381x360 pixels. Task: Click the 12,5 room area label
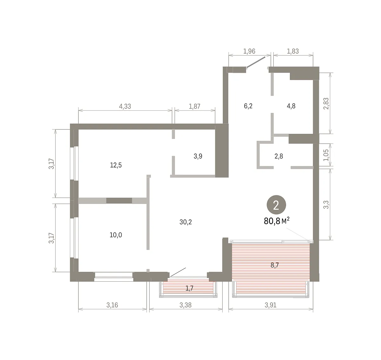pos(116,165)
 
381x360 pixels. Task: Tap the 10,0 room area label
pos(116,235)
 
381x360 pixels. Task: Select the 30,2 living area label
pos(185,222)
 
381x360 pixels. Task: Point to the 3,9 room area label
pos(198,156)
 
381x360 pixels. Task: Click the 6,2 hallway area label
pos(248,106)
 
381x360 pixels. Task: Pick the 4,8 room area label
pos(291,106)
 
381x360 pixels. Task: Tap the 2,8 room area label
pos(279,156)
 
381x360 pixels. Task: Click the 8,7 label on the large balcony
pos(275,265)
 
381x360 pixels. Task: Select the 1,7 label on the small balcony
pos(189,288)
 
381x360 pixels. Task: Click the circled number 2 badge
pos(276,205)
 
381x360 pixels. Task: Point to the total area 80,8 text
pos(272,221)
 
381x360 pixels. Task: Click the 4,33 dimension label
pos(125,106)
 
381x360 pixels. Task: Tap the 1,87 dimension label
pos(194,106)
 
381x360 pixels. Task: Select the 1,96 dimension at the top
pos(249,51)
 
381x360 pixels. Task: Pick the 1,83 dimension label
pos(293,51)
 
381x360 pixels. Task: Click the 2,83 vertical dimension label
pos(326,104)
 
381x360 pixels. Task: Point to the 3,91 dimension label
pos(271,305)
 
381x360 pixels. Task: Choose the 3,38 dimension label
pos(185,305)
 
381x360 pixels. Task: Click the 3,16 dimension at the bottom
pos(112,305)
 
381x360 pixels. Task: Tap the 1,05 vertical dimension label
pos(326,155)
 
